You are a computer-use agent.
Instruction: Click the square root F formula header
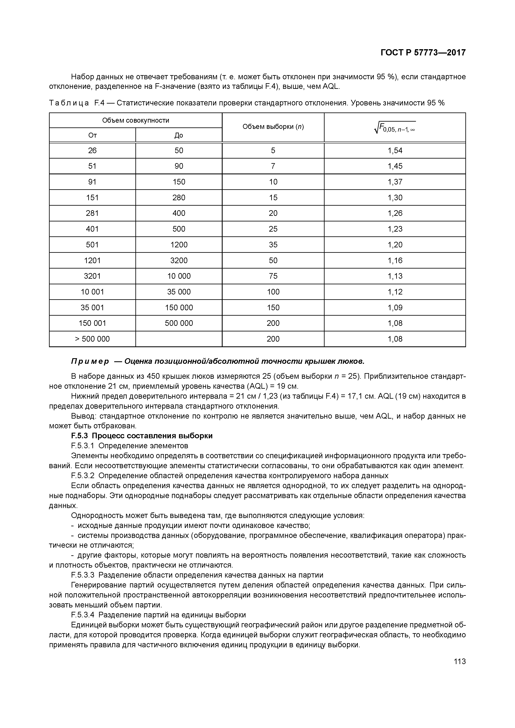pos(395,127)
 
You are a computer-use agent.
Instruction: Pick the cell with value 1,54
pos(395,151)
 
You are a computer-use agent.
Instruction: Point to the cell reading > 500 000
pos(92,339)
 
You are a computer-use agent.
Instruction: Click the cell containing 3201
pos(92,276)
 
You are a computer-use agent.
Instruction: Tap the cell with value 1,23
pos(395,229)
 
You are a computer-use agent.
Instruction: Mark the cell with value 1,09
pos(395,308)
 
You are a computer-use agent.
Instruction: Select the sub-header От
pos(92,135)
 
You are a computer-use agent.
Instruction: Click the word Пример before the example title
pos(90,362)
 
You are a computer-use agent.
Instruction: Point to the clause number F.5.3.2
pos(83,476)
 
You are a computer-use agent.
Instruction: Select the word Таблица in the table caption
pos(69,103)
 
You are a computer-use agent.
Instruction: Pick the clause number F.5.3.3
pos(83,575)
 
